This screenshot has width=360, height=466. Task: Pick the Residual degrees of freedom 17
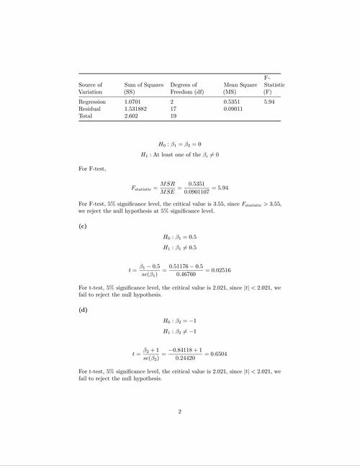pyautogui.click(x=174, y=109)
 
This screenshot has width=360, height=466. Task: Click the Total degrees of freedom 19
pyautogui.click(x=174, y=116)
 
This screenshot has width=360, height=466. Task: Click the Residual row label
pyautogui.click(x=89, y=109)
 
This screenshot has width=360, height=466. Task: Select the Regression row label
pyautogui.click(x=92, y=103)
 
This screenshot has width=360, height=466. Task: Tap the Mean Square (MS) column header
pyautogui.click(x=240, y=89)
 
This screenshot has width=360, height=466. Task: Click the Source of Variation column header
pyautogui.click(x=91, y=89)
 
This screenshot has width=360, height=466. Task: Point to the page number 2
pyautogui.click(x=180, y=412)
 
